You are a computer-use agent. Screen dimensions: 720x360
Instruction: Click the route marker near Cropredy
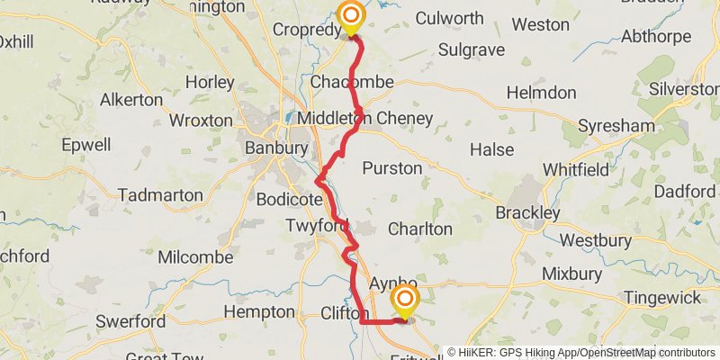(x=350, y=17)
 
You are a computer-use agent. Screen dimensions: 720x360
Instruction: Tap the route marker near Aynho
(x=405, y=301)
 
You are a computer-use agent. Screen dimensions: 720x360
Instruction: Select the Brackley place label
(x=528, y=213)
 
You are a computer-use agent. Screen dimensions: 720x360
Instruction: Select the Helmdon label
(x=541, y=93)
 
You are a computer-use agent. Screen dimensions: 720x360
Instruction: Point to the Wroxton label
(x=201, y=120)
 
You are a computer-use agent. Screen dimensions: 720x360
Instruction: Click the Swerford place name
(x=130, y=321)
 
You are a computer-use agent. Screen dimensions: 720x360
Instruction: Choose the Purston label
(x=391, y=168)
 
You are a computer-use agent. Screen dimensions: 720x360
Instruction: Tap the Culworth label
(x=449, y=18)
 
